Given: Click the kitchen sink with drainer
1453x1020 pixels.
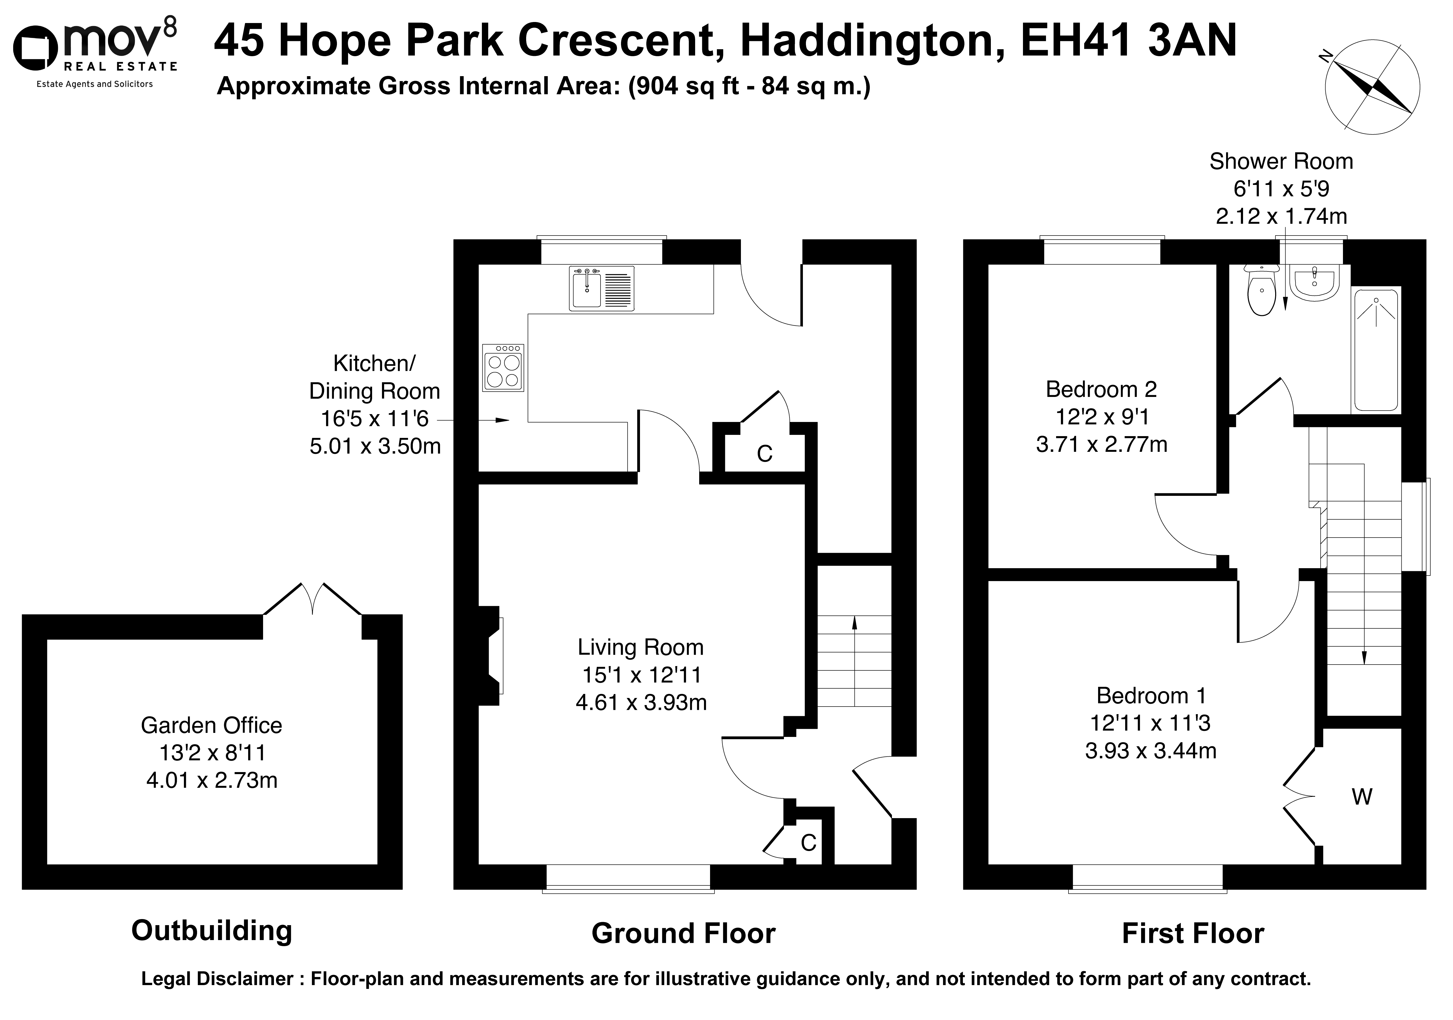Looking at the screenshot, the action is (601, 289).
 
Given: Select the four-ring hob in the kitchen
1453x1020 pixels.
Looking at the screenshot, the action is (503, 368).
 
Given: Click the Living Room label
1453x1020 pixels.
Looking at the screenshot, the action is (640, 647).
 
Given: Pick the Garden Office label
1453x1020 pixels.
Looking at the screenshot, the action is (211, 725).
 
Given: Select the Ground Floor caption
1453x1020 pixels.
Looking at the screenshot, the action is (683, 934).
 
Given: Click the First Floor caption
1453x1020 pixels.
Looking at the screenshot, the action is (1193, 934).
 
